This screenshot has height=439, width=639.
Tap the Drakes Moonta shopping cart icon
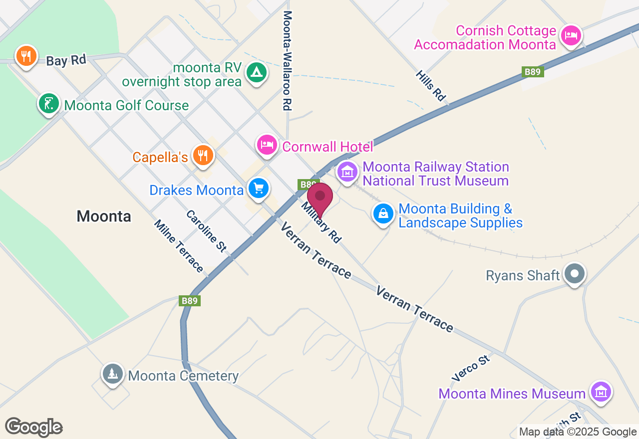click(258, 189)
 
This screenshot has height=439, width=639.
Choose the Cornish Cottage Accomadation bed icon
click(571, 35)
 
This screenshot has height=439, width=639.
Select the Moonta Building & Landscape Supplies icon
click(383, 214)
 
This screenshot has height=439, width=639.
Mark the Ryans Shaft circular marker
click(575, 273)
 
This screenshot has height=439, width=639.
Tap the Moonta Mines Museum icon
click(601, 392)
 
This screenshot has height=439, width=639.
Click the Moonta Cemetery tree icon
click(113, 374)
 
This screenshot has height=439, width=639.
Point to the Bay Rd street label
click(66, 60)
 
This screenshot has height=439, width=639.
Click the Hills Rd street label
click(430, 85)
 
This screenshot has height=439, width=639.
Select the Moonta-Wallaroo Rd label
click(287, 60)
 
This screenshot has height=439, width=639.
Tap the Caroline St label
click(206, 230)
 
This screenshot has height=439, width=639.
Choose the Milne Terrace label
click(179, 246)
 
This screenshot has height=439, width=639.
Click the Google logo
click(33, 427)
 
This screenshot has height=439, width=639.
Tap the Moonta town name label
click(104, 216)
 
